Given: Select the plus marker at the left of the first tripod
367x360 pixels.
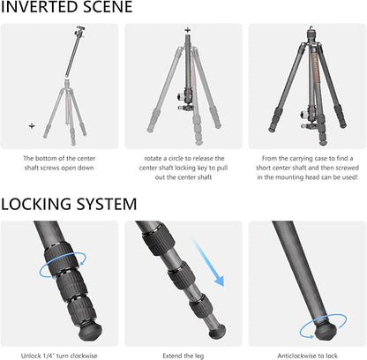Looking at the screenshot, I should [x=32, y=126].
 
